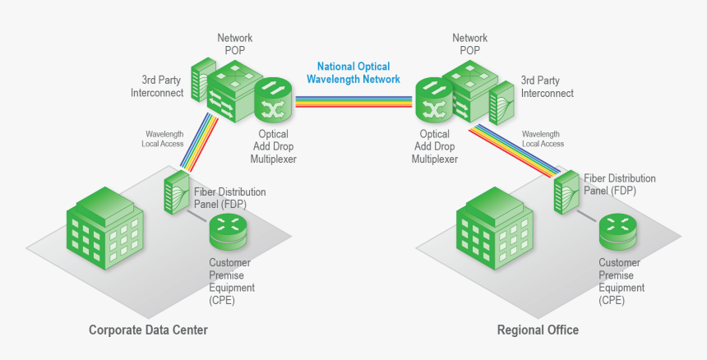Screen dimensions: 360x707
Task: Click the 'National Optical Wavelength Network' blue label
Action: click(x=353, y=73)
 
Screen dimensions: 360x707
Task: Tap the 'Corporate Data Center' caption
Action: click(x=148, y=330)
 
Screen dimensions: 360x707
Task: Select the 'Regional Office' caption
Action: click(x=538, y=330)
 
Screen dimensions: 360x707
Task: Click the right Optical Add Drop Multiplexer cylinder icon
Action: click(x=432, y=100)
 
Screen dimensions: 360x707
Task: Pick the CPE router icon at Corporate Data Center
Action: click(x=228, y=231)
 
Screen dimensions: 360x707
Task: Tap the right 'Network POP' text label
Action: click(x=469, y=44)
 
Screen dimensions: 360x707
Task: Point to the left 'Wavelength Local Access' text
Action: click(x=164, y=138)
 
